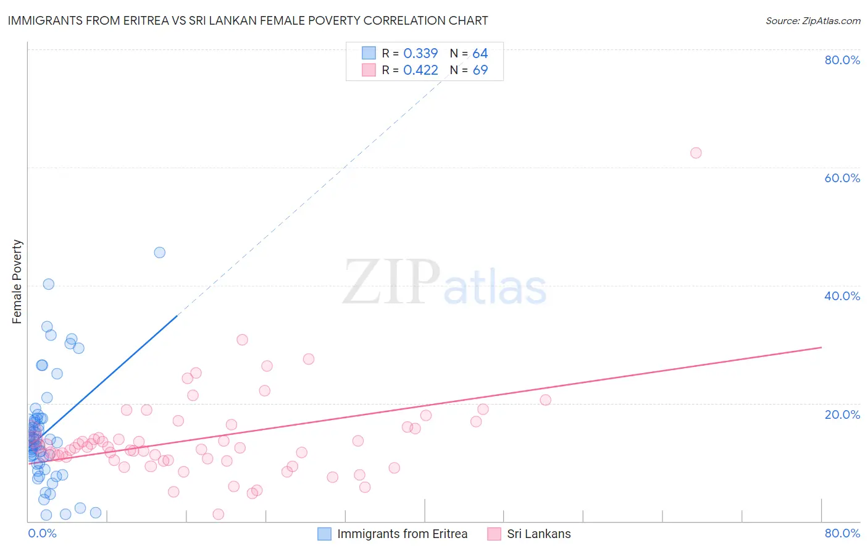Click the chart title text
coord(248,21)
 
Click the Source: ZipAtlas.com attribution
coord(812,21)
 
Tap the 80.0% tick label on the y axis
coord(842,60)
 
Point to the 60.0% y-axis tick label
coord(842,178)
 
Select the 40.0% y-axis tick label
coord(842,296)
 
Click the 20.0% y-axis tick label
coord(842,414)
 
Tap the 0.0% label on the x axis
coord(42,533)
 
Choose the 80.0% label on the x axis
coord(842,533)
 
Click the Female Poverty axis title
coord(17,282)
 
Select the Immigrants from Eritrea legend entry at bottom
coord(402,534)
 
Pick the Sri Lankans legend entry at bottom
coord(538,534)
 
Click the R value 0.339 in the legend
coord(420,54)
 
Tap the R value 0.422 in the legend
coord(420,70)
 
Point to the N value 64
coord(480,54)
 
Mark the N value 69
coord(480,70)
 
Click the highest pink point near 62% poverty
coord(696,153)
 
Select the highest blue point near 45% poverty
coord(159,252)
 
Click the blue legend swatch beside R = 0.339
coord(369,53)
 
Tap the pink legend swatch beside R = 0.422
coord(369,70)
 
